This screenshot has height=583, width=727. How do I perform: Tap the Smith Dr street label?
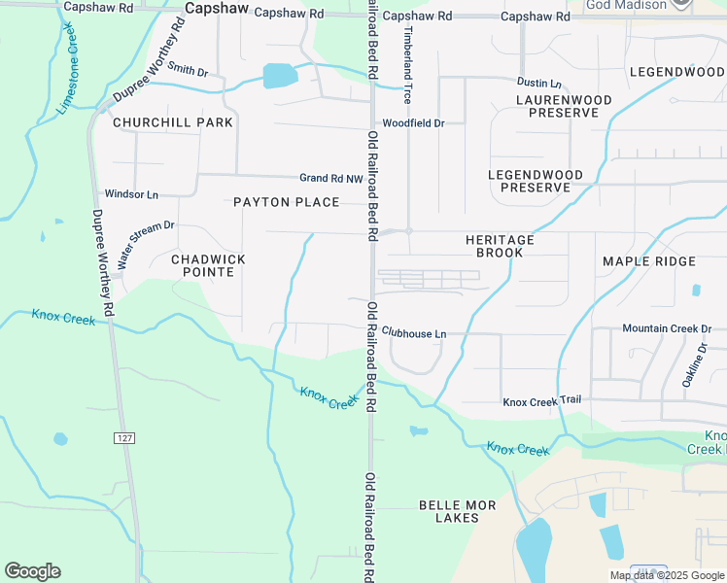[x=188, y=70]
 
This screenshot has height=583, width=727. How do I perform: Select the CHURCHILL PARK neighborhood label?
[x=173, y=122]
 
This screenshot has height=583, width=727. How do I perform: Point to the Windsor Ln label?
[x=131, y=194]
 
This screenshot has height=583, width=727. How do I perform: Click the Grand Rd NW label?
[x=329, y=178]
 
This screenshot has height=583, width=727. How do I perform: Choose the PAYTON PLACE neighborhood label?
[x=287, y=202]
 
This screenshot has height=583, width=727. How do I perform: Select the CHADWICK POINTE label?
[x=208, y=266]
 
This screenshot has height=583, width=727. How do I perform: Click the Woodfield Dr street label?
[x=413, y=123]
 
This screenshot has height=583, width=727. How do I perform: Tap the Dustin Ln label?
[x=539, y=84]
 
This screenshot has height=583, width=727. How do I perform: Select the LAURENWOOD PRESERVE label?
[x=564, y=107]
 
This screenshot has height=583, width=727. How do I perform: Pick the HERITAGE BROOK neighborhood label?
[x=500, y=246]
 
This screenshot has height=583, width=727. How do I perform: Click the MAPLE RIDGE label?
[x=649, y=261]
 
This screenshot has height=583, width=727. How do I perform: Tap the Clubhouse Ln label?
[x=414, y=333]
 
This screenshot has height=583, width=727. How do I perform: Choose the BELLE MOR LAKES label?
[x=449, y=511]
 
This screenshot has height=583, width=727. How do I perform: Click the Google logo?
[x=32, y=571]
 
